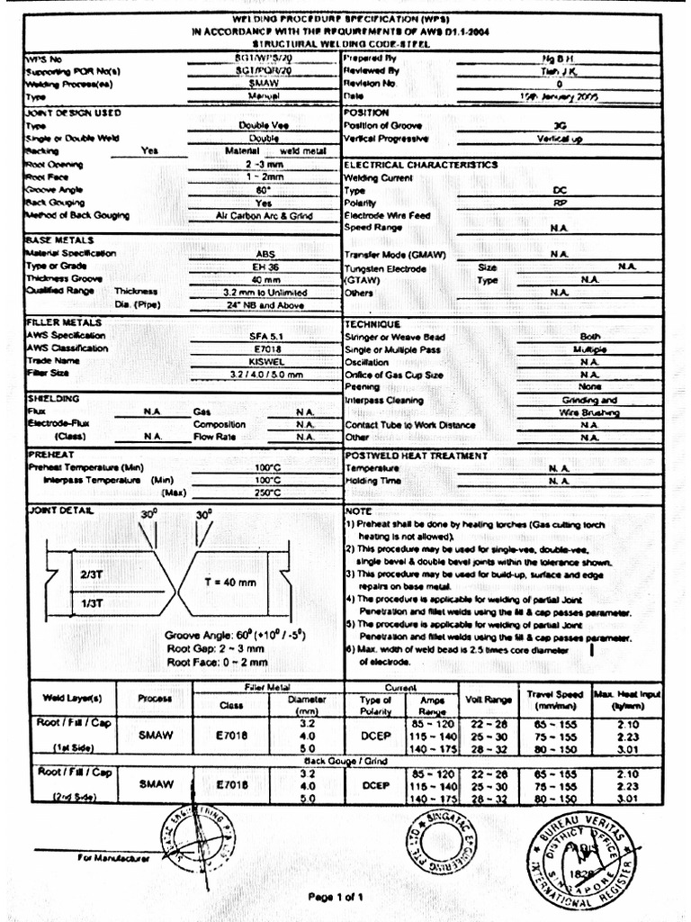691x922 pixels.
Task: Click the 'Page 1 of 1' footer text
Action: click(x=335, y=897)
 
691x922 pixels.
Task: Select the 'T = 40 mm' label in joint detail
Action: click(x=229, y=582)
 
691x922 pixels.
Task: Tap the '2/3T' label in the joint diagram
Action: click(x=92, y=574)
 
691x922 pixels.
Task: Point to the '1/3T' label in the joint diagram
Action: click(x=92, y=602)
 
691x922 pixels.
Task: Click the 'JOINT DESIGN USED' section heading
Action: click(x=74, y=113)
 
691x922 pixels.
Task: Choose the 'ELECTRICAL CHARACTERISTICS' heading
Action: click(x=419, y=165)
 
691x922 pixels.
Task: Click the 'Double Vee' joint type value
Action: click(x=264, y=126)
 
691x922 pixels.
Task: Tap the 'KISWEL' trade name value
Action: click(x=265, y=361)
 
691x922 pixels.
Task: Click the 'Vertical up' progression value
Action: click(x=559, y=139)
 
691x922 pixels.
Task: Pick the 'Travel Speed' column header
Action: click(x=555, y=699)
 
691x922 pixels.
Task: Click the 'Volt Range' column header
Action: click(x=487, y=699)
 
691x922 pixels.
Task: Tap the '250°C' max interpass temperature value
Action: click(x=267, y=493)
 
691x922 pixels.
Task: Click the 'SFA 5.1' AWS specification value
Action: click(x=265, y=336)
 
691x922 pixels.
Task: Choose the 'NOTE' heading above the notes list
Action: click(x=359, y=511)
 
